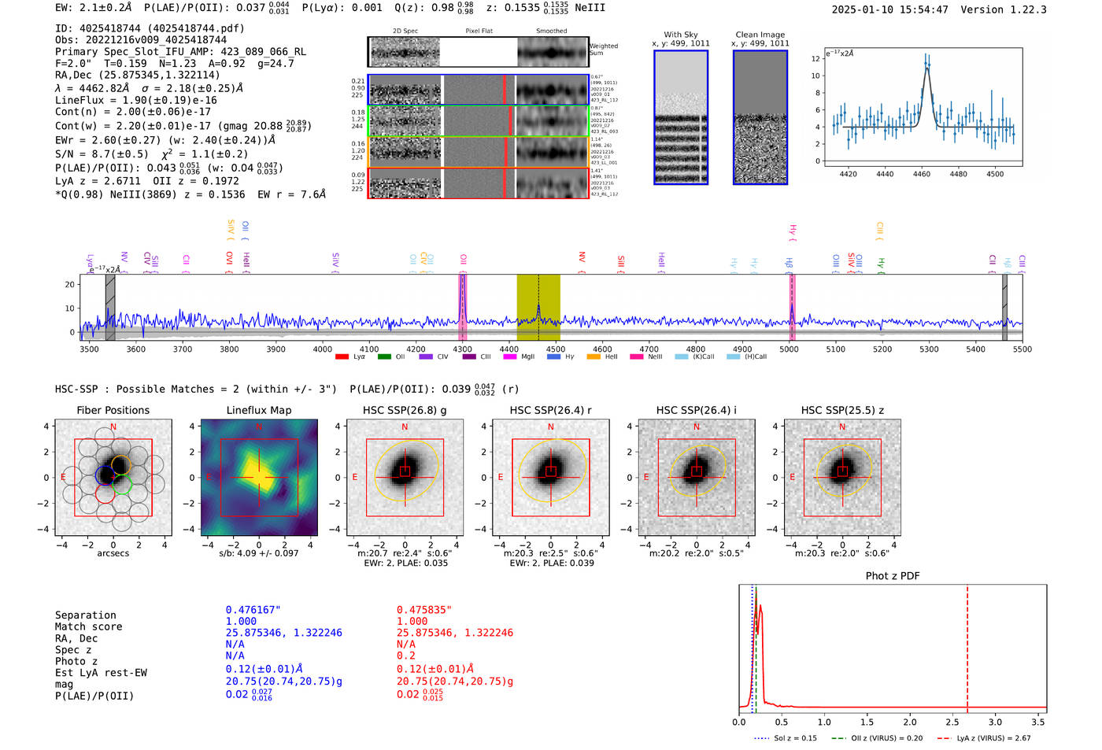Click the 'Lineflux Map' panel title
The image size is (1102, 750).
tap(258, 410)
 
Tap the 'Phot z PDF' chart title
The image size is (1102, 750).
tap(893, 575)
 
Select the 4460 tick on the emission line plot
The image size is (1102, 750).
tap(921, 174)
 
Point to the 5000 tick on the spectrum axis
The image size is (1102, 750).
tap(789, 349)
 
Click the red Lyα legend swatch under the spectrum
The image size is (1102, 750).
tap(342, 357)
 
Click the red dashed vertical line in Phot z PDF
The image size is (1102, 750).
tap(967, 645)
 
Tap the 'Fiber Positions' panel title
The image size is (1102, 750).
tap(113, 410)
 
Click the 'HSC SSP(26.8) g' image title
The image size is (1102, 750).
tap(405, 410)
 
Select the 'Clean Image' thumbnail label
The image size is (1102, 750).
tap(760, 35)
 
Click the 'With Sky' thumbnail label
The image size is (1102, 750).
tap(680, 35)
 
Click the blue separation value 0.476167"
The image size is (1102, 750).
tap(253, 610)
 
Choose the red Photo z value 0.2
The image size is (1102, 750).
tap(405, 656)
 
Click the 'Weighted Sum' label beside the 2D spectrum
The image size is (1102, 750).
tap(603, 50)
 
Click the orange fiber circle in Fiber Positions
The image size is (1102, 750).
tap(120, 464)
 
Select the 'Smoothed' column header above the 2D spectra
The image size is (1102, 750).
tap(551, 31)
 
